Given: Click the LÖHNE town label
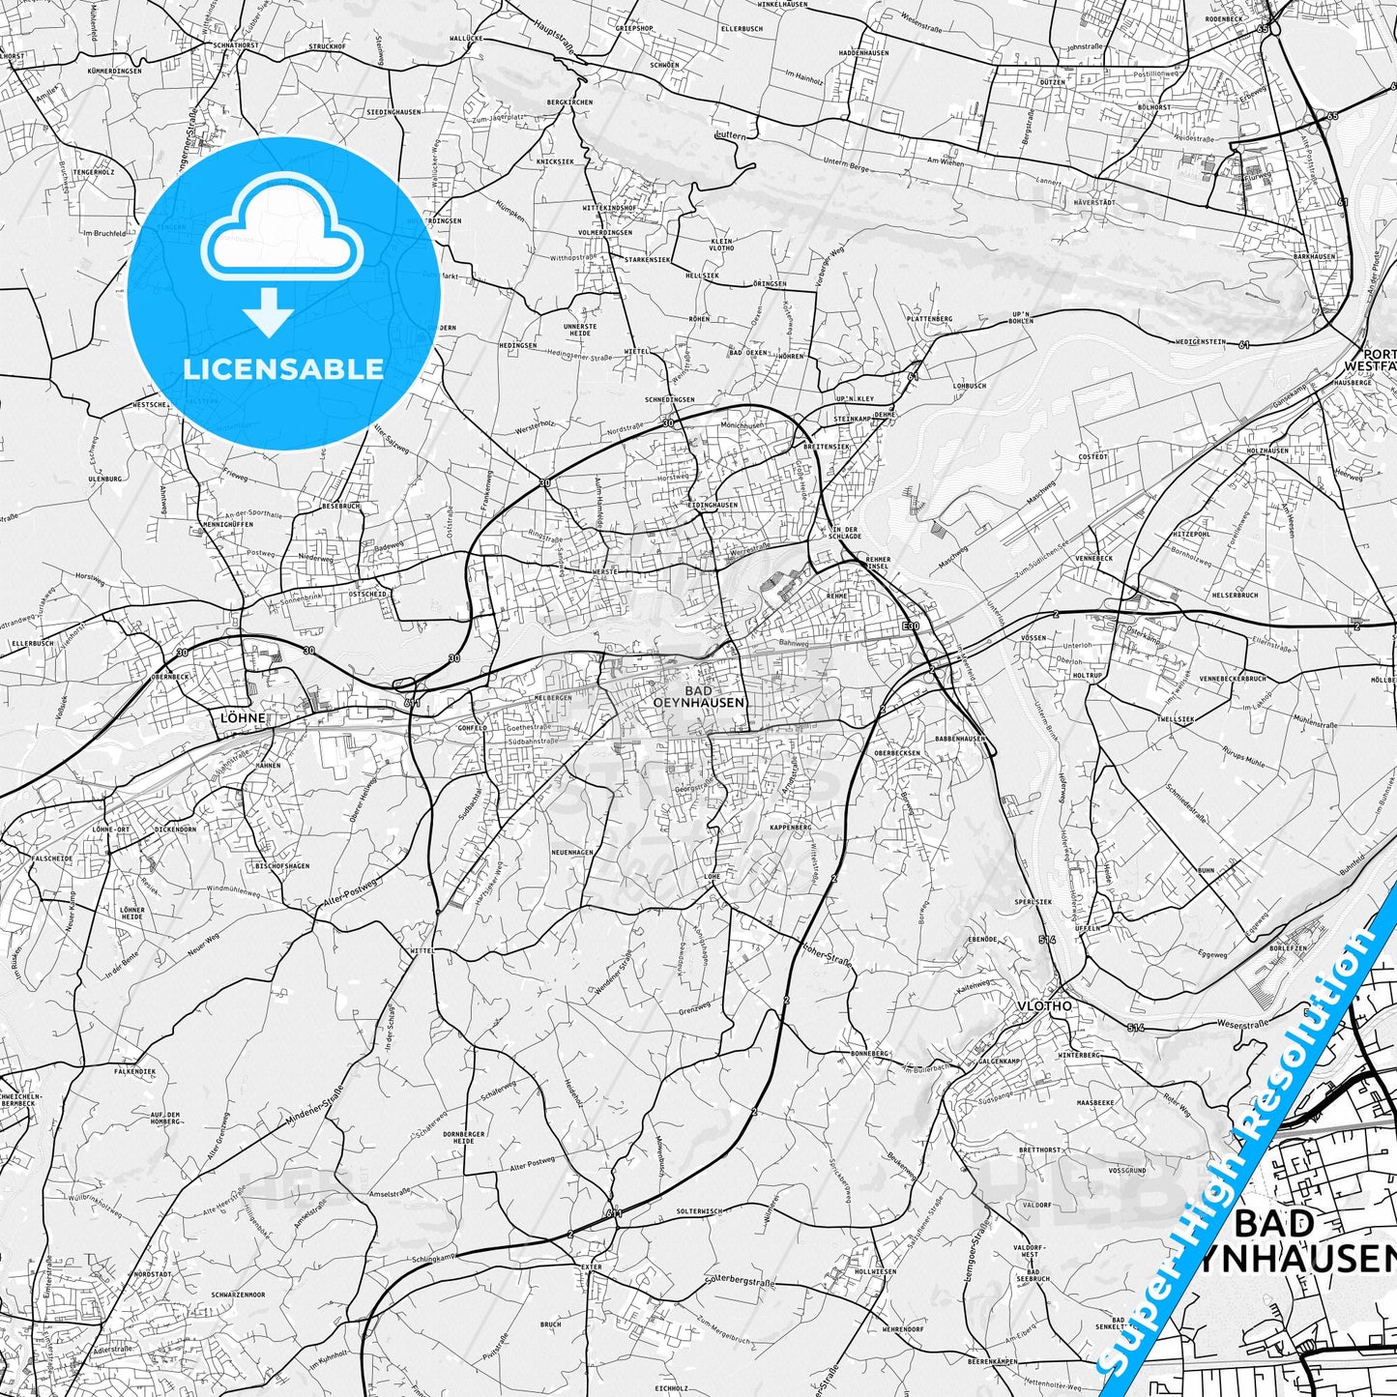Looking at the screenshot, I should pyautogui.click(x=242, y=718).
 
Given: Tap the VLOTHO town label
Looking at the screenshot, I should pyautogui.click(x=1044, y=1005).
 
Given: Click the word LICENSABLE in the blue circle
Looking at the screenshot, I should pyautogui.click(x=283, y=369).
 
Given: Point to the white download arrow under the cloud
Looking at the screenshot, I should pyautogui.click(x=269, y=312).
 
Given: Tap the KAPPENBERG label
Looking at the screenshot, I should pyautogui.click(x=790, y=828).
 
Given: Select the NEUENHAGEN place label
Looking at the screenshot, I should pyautogui.click(x=571, y=852).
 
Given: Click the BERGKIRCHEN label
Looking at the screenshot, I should pyautogui.click(x=568, y=102).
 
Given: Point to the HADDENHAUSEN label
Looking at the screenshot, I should pyautogui.click(x=863, y=52).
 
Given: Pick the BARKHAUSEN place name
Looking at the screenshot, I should pyautogui.click(x=1314, y=256).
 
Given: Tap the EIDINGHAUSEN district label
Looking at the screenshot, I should pyautogui.click(x=712, y=505).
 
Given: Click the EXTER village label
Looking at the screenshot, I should pyautogui.click(x=592, y=1266).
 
